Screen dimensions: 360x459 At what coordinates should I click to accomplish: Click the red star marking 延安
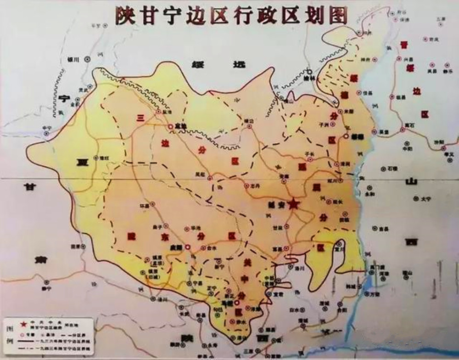tap(293, 205)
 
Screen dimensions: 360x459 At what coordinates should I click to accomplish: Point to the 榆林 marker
tap(309, 72)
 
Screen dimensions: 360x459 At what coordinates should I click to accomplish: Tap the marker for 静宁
tap(46, 282)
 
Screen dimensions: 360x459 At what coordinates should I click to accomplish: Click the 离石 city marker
tap(403, 129)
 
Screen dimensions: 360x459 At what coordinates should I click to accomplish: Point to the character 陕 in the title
tap(123, 15)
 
